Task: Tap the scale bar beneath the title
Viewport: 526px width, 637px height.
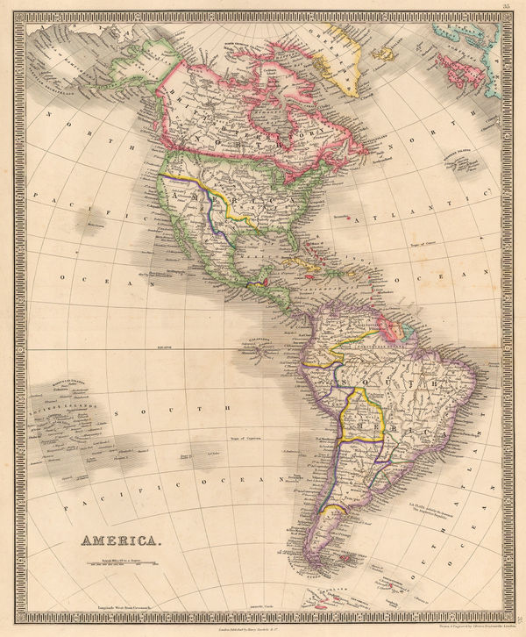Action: (x=123, y=560)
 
